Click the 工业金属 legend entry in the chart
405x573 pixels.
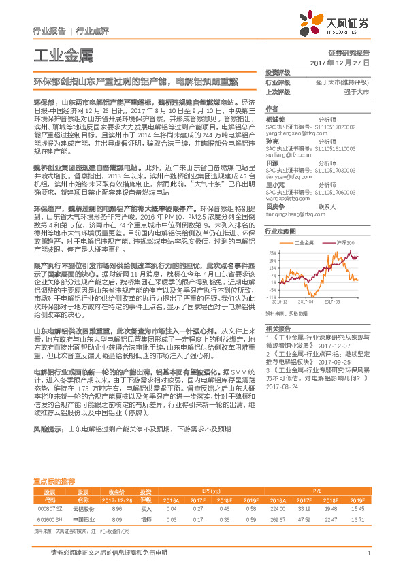tap(304, 242)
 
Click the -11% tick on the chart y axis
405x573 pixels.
tap(271, 297)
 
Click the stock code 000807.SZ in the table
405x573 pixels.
tap(49, 508)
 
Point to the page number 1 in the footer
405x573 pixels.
tap(368, 553)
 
